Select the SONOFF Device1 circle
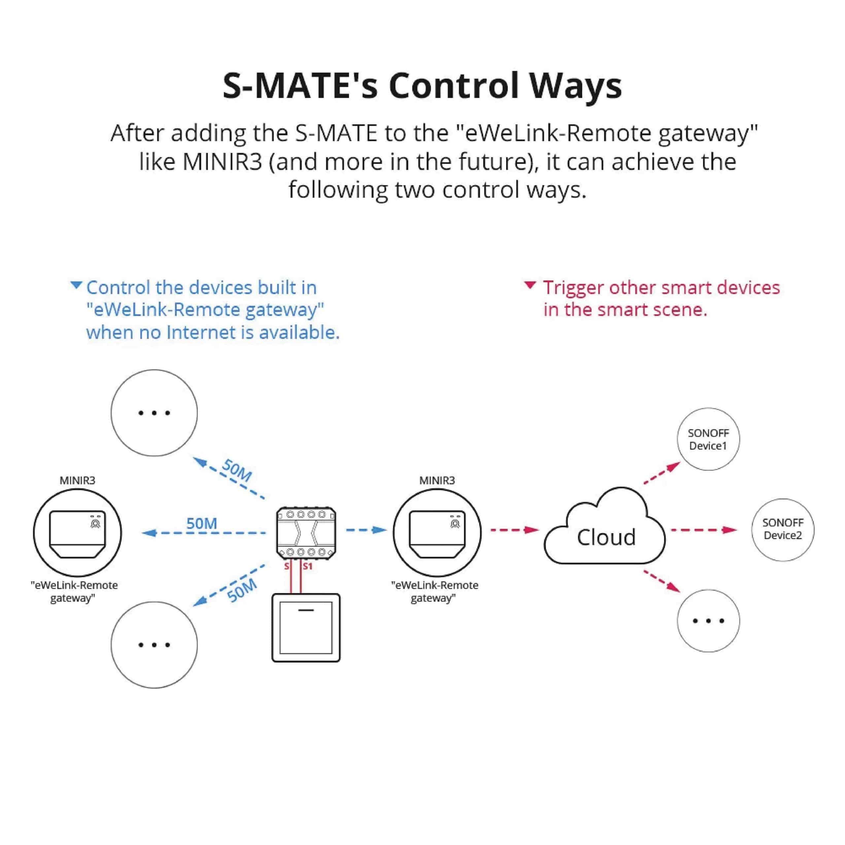coord(708,439)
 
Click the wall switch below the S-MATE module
coord(306,627)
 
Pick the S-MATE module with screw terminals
coord(306,533)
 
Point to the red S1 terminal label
coord(308,567)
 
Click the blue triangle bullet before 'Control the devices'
coord(76,285)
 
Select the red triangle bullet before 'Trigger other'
coord(530,285)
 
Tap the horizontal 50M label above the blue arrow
coord(202,524)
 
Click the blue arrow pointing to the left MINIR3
coord(204,533)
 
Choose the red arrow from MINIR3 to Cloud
coord(514,530)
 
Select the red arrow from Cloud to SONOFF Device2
coord(703,530)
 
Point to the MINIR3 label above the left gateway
coord(78,480)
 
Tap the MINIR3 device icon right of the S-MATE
coord(437,533)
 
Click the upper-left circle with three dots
coord(154,413)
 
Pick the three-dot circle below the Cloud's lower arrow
coord(708,621)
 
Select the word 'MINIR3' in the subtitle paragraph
coord(222,162)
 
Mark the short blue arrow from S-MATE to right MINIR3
coord(366,530)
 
